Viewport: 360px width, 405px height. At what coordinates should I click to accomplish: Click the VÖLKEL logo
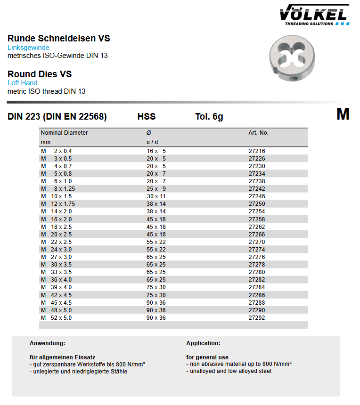coord(314,14)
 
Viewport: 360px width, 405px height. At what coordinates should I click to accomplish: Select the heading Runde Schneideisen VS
coord(59,39)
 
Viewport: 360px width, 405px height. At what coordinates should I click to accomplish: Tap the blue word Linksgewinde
coord(28,48)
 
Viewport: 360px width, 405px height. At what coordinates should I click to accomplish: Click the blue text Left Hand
coord(23,83)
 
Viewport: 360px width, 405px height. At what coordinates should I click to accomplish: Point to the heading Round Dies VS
coord(40,74)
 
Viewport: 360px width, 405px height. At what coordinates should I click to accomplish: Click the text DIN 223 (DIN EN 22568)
coord(57,117)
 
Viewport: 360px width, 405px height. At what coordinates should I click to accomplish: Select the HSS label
coord(146,117)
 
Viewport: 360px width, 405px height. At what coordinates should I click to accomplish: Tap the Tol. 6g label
coord(209,117)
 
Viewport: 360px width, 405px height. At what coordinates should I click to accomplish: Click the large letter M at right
coord(343,114)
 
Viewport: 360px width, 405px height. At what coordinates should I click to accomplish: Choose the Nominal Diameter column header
coord(64,133)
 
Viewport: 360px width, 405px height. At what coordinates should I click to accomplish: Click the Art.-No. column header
coord(258,133)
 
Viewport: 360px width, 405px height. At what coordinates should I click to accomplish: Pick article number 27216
coord(257,151)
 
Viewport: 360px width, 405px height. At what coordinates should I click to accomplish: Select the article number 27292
coord(257,318)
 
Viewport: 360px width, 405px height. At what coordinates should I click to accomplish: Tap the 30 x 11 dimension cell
coord(156,196)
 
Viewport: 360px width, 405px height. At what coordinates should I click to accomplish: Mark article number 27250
coord(257,204)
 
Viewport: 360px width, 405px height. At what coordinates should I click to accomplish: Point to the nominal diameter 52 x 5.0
coord(61,318)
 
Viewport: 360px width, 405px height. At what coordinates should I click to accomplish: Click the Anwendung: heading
coord(47,343)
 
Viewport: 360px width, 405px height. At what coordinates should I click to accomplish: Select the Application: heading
coord(203,343)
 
